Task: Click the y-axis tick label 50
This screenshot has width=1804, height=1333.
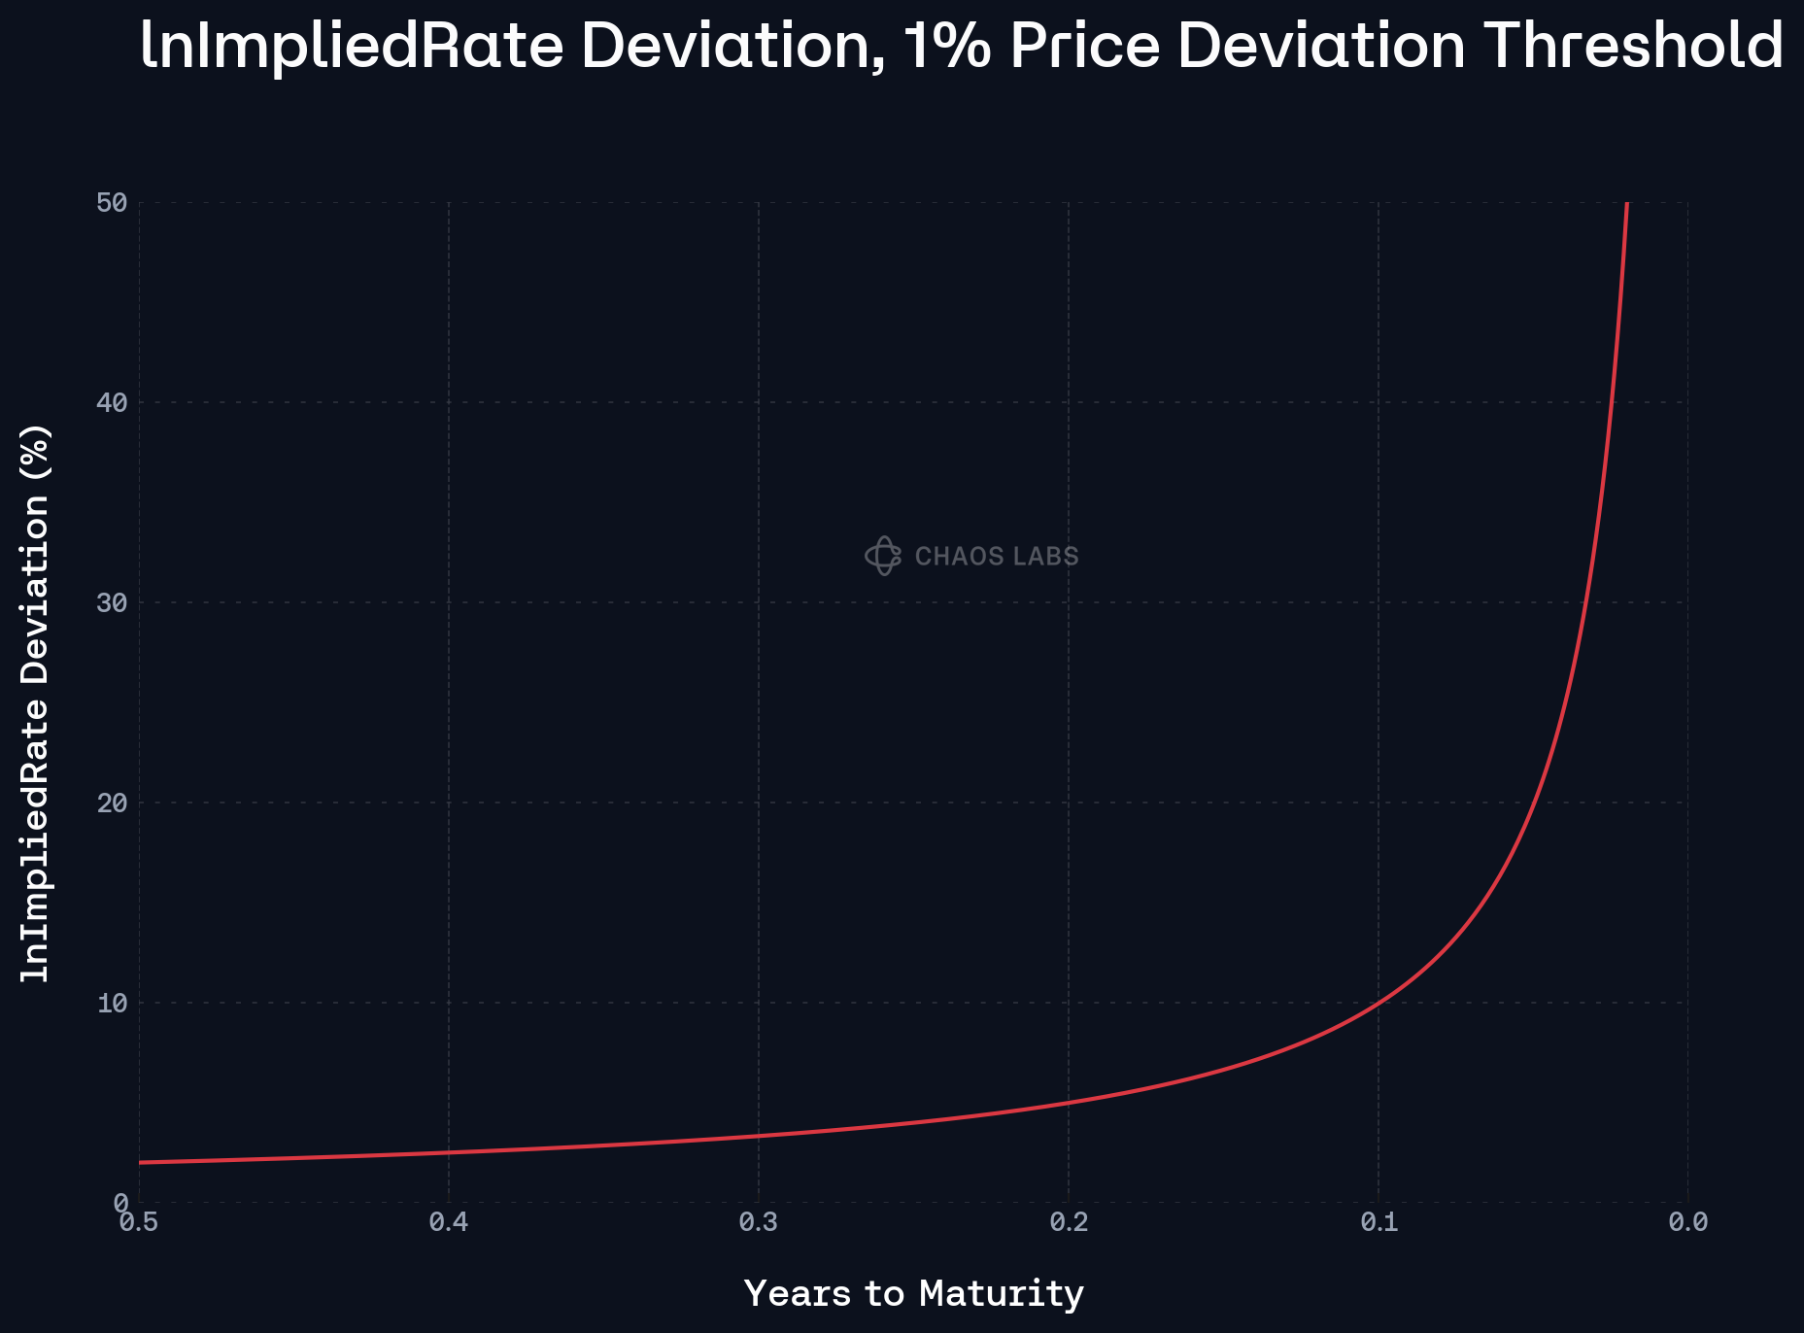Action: (x=112, y=203)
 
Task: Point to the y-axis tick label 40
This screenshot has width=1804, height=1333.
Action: (x=112, y=402)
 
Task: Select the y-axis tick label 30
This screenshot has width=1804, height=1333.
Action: (x=112, y=602)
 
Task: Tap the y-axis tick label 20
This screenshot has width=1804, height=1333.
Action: (x=112, y=803)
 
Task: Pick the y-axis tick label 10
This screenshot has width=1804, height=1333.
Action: (x=112, y=1003)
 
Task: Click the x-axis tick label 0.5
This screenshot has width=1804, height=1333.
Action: (x=139, y=1222)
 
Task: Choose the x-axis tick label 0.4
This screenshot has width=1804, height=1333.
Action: (x=449, y=1222)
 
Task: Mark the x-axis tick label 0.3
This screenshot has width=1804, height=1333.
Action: (x=759, y=1222)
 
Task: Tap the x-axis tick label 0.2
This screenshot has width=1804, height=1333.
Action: (x=1069, y=1222)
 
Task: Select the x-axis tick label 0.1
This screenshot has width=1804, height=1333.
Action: (x=1379, y=1222)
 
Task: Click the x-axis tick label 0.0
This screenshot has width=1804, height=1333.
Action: (x=1688, y=1222)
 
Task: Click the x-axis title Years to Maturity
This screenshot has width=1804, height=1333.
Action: (x=913, y=1294)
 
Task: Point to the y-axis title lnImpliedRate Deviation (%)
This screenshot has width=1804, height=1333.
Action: (x=36, y=702)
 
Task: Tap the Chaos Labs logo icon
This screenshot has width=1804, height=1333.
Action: (x=883, y=556)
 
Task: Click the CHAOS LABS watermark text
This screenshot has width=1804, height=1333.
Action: (x=997, y=557)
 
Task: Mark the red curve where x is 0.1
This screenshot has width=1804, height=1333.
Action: (x=1379, y=1002)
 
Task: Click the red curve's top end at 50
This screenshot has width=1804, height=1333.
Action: (x=1626, y=204)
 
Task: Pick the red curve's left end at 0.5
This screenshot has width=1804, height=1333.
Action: (x=141, y=1162)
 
